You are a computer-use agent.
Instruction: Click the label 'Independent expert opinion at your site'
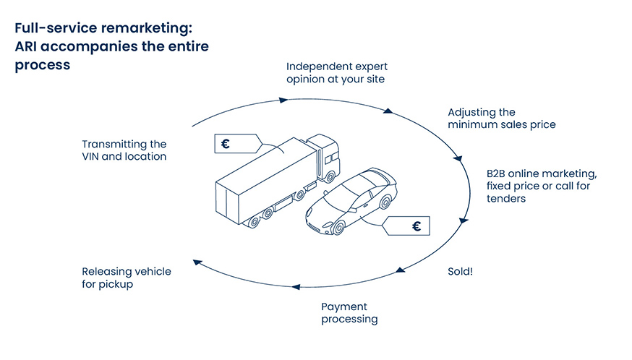pyautogui.click(x=336, y=72)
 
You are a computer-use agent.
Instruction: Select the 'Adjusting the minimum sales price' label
pyautogui.click(x=501, y=119)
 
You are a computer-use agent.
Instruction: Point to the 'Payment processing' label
pyautogui.click(x=349, y=312)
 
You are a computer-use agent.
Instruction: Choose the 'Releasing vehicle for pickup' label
pyautogui.click(x=126, y=278)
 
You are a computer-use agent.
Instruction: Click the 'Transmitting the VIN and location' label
pyautogui.click(x=124, y=150)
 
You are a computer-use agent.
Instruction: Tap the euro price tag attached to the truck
pyautogui.click(x=232, y=144)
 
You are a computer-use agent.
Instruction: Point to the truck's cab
pyautogui.click(x=327, y=158)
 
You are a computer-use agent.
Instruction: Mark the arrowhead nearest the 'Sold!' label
pyautogui.click(x=398, y=272)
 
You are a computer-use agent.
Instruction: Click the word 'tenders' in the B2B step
pyautogui.click(x=505, y=198)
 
